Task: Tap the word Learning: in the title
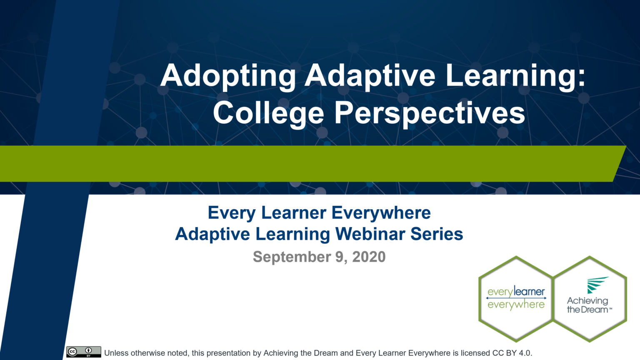point(515,76)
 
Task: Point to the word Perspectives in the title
point(430,113)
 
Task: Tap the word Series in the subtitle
point(437,234)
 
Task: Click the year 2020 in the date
point(369,257)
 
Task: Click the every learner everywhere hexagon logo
point(516,299)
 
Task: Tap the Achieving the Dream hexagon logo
point(590,299)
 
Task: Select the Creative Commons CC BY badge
point(83,352)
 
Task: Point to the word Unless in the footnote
point(116,353)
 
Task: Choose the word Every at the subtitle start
point(225,213)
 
